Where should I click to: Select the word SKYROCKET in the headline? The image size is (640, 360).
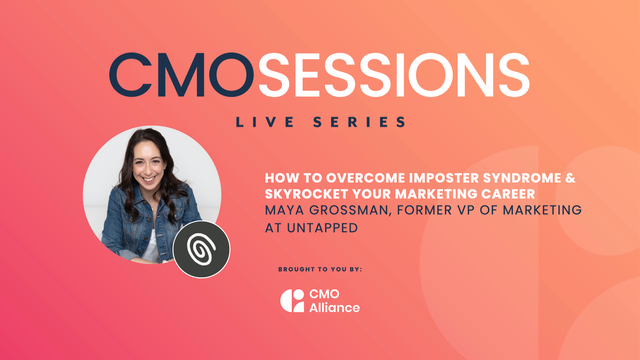pos(298,192)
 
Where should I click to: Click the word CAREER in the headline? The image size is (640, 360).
pos(498,192)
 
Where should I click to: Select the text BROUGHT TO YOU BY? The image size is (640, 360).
pos(319,270)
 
